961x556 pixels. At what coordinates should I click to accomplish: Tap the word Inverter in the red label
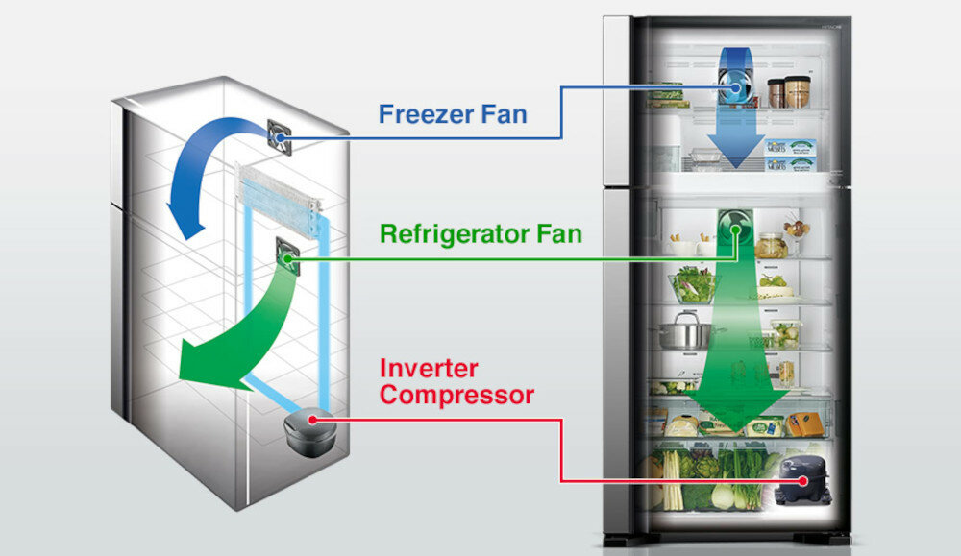429,369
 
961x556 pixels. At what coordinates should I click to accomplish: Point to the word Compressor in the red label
456,394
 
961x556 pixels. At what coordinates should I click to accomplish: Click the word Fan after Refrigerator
559,233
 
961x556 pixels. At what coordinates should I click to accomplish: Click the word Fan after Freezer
505,114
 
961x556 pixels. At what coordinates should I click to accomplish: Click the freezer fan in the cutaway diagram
280,137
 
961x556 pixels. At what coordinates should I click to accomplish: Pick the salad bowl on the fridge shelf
692,284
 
